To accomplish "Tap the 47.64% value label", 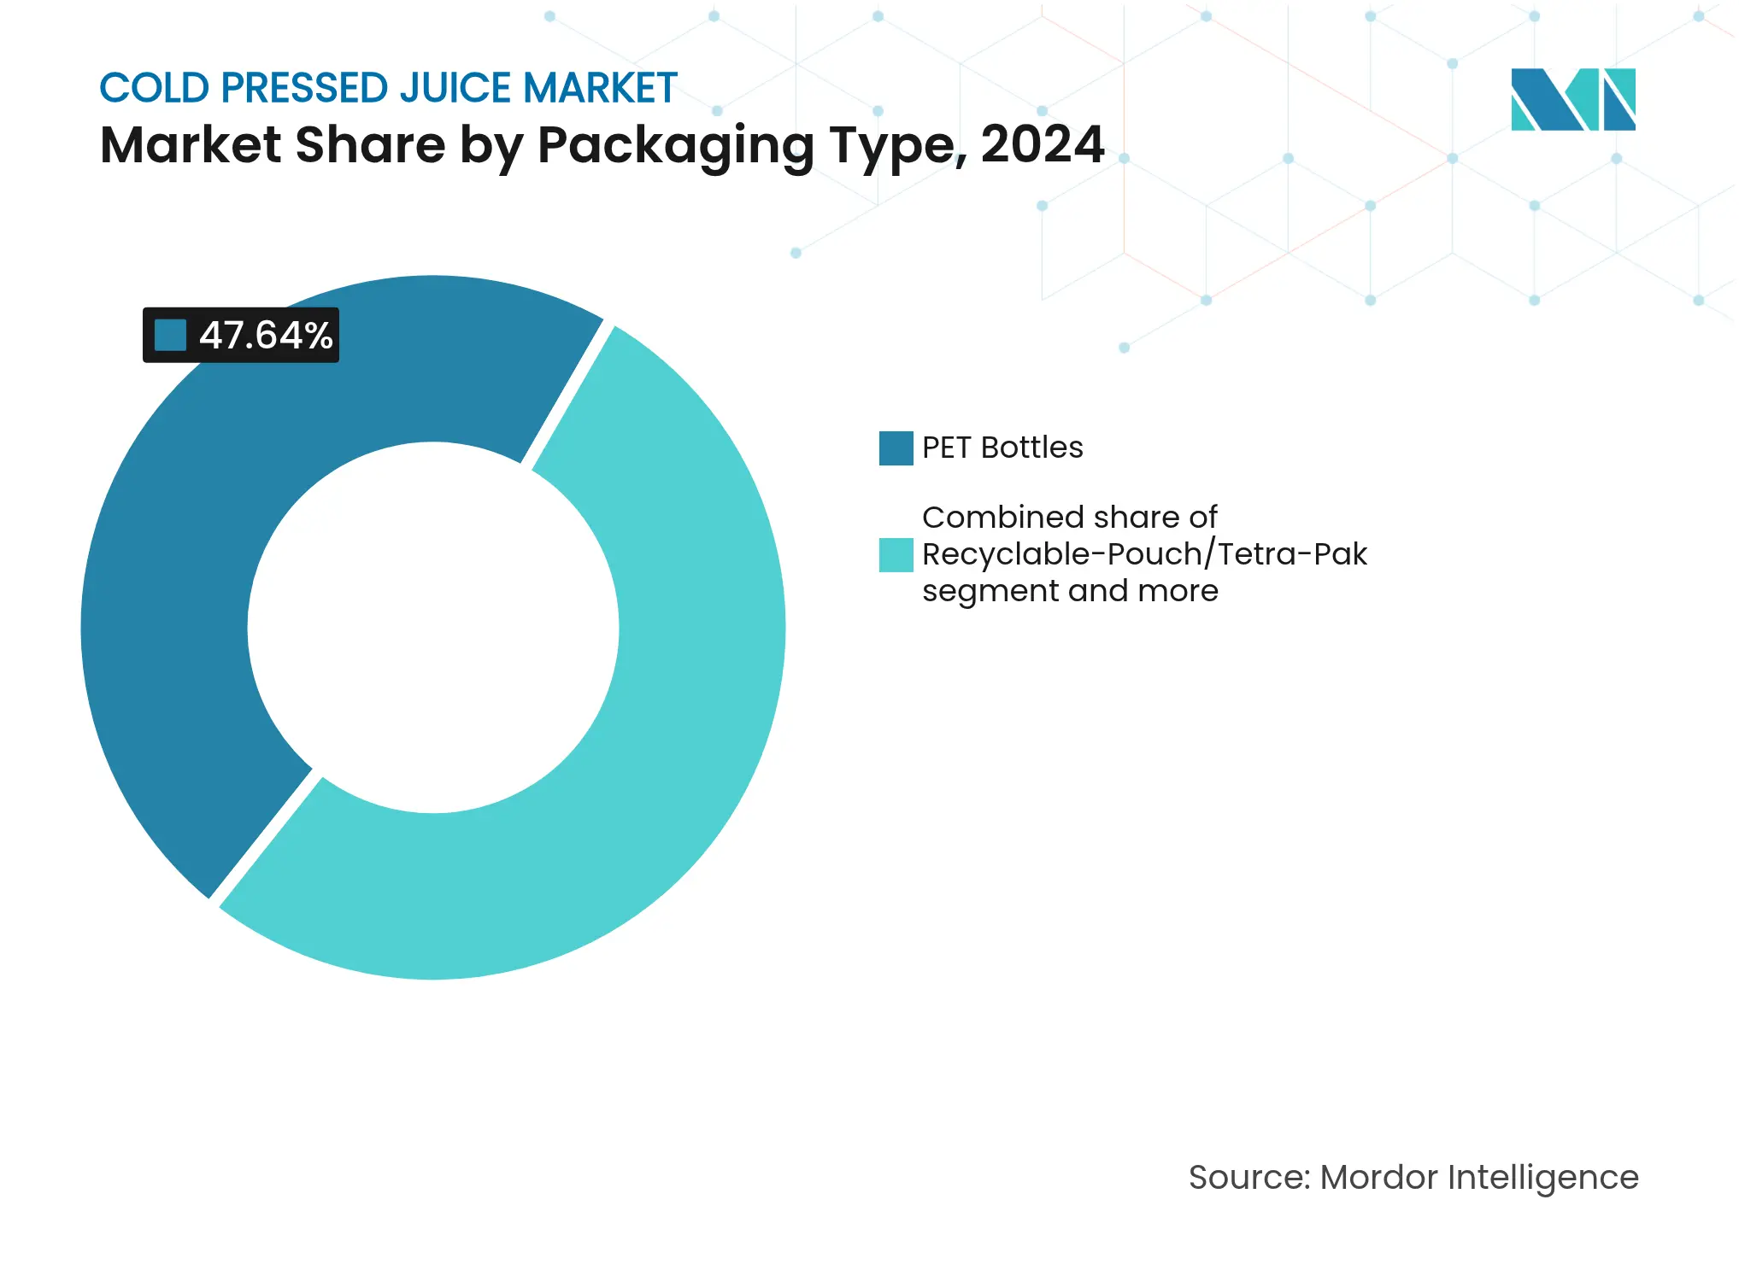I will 265,336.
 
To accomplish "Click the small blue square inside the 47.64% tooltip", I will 170,336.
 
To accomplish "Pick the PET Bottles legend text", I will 1002,448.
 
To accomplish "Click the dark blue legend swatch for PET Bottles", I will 896,448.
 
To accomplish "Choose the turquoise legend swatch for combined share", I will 896,555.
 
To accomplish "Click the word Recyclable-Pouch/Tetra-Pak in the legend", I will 1143,554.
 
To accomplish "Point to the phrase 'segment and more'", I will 1070,591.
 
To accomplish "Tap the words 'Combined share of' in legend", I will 1069,518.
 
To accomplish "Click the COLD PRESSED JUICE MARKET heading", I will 388,88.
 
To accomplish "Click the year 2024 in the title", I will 1042,144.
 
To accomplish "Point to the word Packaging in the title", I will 675,146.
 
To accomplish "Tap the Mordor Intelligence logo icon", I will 1572,100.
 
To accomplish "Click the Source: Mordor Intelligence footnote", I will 1413,1178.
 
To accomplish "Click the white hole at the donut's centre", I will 433,628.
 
